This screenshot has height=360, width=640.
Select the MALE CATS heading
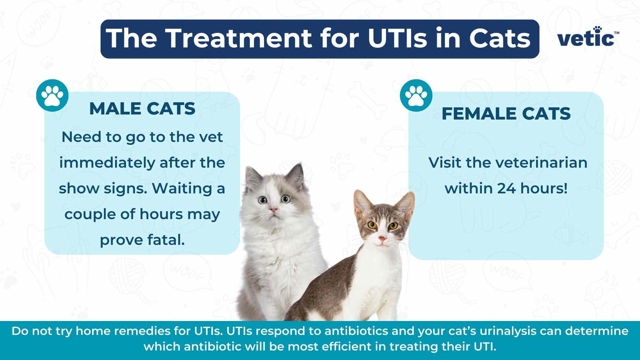[x=142, y=109]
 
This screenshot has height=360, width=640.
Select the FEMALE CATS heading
[x=506, y=113]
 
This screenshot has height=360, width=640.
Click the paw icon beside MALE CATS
[x=52, y=96]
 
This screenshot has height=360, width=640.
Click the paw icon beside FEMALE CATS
[x=416, y=96]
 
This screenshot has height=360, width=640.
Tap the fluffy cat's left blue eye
[x=262, y=200]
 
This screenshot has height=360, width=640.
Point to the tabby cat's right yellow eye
[x=393, y=225]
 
